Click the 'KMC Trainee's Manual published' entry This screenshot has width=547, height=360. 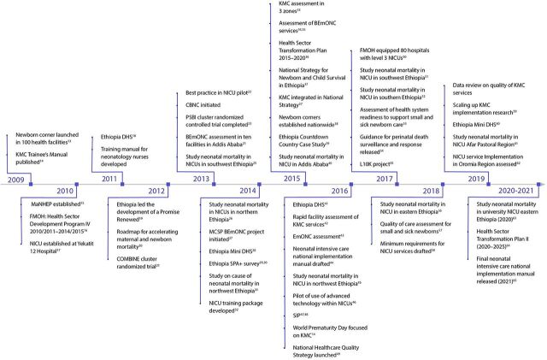coord(43,159)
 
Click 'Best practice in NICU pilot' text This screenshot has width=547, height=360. coord(224,91)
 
